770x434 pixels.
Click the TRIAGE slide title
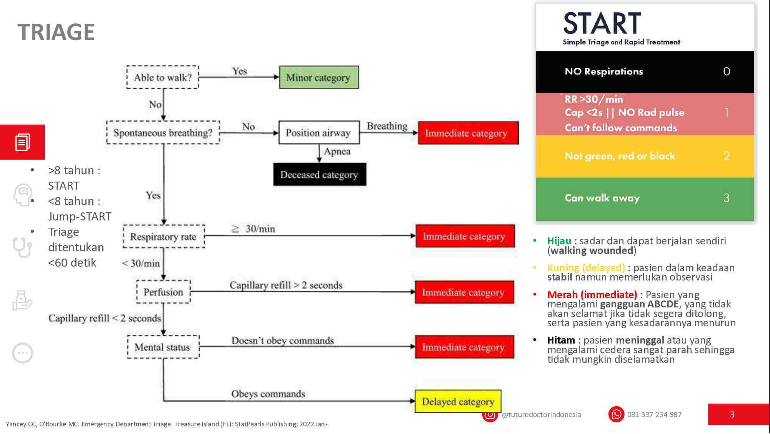point(56,32)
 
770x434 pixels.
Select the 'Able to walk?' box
point(163,77)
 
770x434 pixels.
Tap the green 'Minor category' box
point(318,77)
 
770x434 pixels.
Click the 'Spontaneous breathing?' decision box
point(163,133)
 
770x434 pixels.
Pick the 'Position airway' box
point(318,133)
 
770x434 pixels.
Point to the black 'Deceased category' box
point(319,174)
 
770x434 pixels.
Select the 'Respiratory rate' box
point(163,237)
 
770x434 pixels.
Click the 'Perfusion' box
point(163,292)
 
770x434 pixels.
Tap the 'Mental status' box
point(163,347)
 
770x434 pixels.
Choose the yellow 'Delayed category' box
point(458,401)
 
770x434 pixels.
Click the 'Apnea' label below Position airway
point(337,151)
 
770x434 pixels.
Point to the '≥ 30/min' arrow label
point(253,229)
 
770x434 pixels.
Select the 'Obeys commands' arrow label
point(268,394)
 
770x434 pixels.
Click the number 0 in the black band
point(727,71)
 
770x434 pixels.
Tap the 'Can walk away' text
point(602,198)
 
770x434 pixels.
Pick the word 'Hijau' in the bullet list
point(559,241)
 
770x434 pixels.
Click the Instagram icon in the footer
point(490,415)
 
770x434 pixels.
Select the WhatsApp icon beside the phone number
point(616,414)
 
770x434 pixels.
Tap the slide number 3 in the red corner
point(732,414)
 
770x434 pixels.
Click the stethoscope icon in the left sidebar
point(22,247)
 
